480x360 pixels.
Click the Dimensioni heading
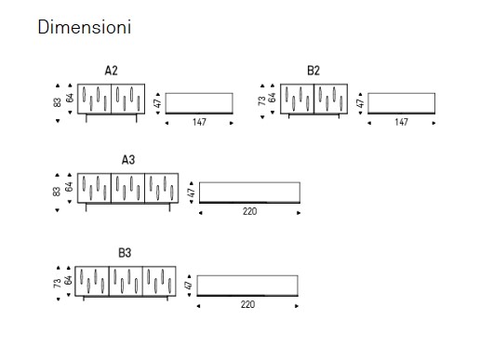[84, 27]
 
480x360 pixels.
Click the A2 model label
[111, 71]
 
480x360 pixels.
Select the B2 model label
[313, 71]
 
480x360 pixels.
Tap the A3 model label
[128, 160]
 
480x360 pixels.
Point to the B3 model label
[125, 253]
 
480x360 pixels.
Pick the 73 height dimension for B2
[262, 100]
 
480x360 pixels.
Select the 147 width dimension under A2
[199, 122]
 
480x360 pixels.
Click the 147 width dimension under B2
[401, 122]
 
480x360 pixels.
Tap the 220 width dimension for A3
[249, 211]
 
